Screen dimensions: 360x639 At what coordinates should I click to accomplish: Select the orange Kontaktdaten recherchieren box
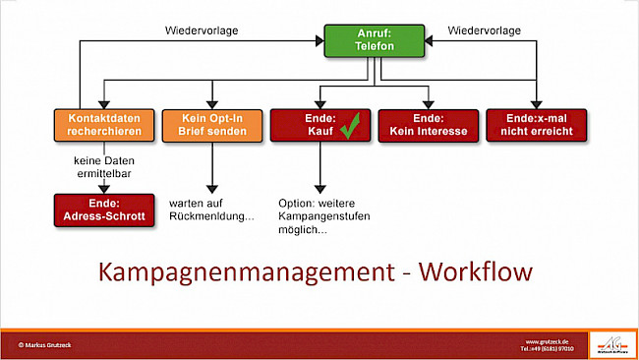(104, 125)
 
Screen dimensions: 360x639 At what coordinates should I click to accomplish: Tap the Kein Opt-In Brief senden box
(210, 125)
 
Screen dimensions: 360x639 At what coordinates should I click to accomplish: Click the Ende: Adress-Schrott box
(104, 210)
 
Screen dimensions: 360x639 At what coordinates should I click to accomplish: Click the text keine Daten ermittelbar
(104, 166)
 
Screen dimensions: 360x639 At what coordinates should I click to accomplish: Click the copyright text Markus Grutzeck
(46, 344)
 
